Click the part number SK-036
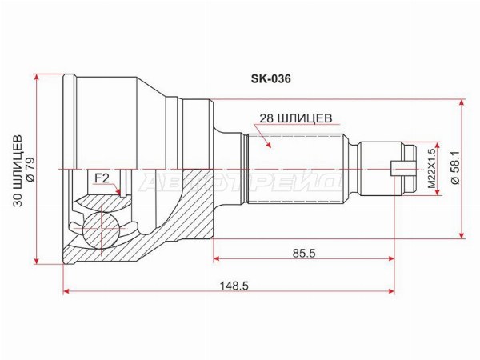tap(271, 79)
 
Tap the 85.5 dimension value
tap(304, 253)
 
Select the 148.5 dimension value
tap(234, 286)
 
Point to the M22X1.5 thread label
tap(431, 168)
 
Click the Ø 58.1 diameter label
tap(455, 169)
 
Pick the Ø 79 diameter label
tap(30, 170)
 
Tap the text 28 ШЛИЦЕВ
tap(295, 118)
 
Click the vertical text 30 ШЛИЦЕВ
tap(18, 170)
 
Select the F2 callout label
tap(102, 178)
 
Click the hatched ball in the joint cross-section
tap(101, 228)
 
